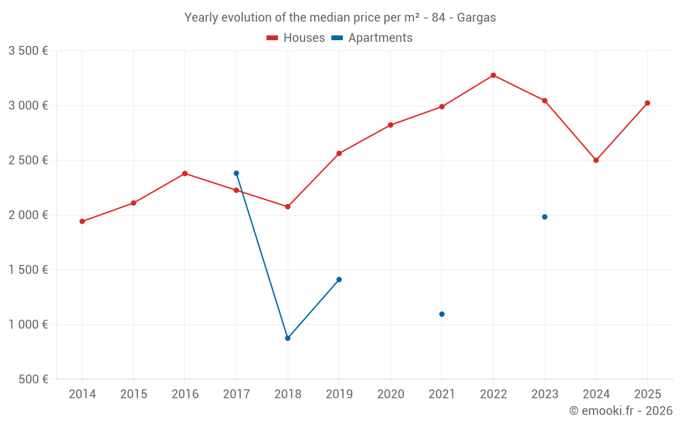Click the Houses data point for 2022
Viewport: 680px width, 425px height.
pos(493,75)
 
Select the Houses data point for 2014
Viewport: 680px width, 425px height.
pos(82,222)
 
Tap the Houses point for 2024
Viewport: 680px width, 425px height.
pos(596,160)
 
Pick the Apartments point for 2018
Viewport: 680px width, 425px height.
pos(288,338)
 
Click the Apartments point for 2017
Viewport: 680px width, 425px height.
pos(236,173)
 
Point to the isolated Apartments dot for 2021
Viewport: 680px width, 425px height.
pos(442,314)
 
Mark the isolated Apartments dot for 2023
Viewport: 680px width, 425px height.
pos(545,217)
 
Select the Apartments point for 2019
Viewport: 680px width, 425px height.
pos(339,279)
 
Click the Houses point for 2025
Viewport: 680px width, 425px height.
pos(647,103)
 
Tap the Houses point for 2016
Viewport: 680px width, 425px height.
pos(185,173)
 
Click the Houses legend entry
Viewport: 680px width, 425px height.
pos(296,38)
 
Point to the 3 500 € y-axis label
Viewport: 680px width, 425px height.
pos(28,51)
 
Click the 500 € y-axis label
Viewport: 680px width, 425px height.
pos(32,379)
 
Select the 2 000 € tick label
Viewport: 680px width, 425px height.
pos(28,215)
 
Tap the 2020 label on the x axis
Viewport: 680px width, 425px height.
pos(390,394)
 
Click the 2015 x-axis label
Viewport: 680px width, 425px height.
pos(133,394)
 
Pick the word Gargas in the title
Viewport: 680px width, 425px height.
pos(476,18)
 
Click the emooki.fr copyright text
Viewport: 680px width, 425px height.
pos(620,411)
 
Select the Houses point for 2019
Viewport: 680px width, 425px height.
pos(339,154)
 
